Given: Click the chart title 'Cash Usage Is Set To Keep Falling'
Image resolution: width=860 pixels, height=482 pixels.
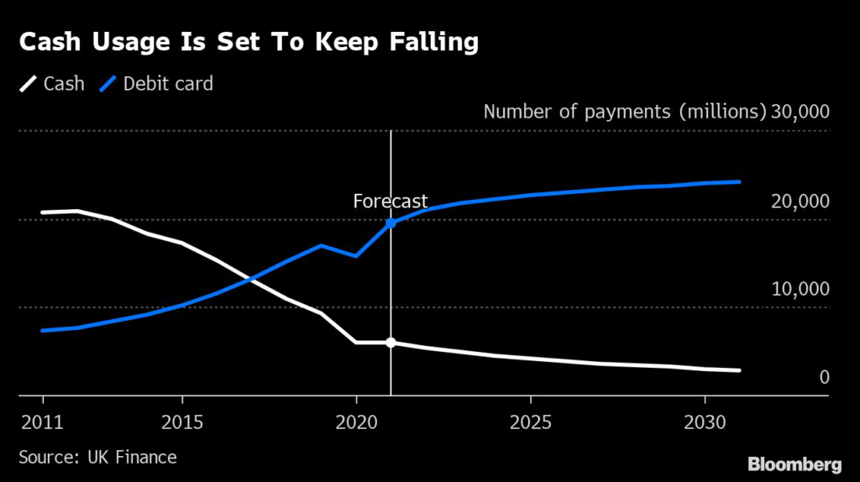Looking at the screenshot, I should pos(249,43).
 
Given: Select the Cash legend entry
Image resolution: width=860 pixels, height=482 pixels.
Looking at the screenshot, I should pos(53,83).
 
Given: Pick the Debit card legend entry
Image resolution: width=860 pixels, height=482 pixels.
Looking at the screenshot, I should pos(158,83).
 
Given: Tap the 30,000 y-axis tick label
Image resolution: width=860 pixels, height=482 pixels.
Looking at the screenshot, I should pos(799,112).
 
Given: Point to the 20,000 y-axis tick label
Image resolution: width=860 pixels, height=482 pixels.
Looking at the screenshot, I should pos(799,201).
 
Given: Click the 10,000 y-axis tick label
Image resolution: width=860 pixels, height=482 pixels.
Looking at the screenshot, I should pos(799,289).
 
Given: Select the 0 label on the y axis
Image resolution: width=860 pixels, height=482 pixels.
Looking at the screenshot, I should pos(824,377).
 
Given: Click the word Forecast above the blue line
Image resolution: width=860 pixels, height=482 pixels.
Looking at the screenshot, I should pos(390,202).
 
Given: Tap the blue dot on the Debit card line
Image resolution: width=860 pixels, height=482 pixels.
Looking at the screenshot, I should pos(391,223).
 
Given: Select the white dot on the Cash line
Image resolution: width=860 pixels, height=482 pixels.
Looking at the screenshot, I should pos(391,343).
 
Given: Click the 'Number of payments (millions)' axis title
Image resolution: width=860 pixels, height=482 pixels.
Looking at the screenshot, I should pos(625,112).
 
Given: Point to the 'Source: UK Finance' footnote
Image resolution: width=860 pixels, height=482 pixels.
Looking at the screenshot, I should pos(97,457).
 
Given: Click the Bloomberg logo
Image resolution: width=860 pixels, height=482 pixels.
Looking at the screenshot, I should pos(794,464).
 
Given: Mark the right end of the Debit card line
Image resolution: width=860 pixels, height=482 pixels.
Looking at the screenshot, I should pos(739,181).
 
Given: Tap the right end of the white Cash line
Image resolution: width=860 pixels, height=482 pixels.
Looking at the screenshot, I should pos(739,370).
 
